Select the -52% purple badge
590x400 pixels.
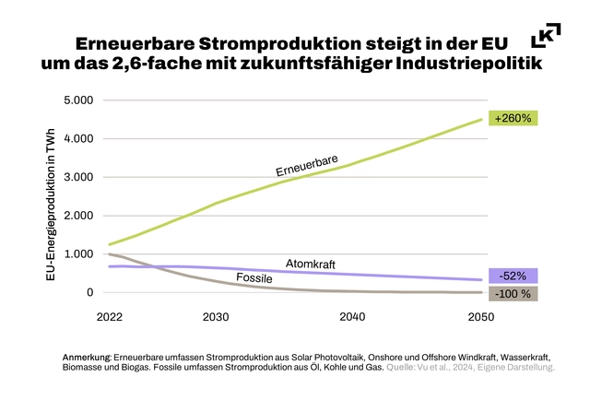click(x=514, y=276)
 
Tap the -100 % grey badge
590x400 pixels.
click(x=514, y=294)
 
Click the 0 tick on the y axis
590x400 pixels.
click(x=90, y=292)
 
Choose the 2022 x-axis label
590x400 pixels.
click(x=110, y=316)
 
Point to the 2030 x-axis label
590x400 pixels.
click(x=216, y=316)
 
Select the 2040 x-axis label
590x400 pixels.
click(x=352, y=316)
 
